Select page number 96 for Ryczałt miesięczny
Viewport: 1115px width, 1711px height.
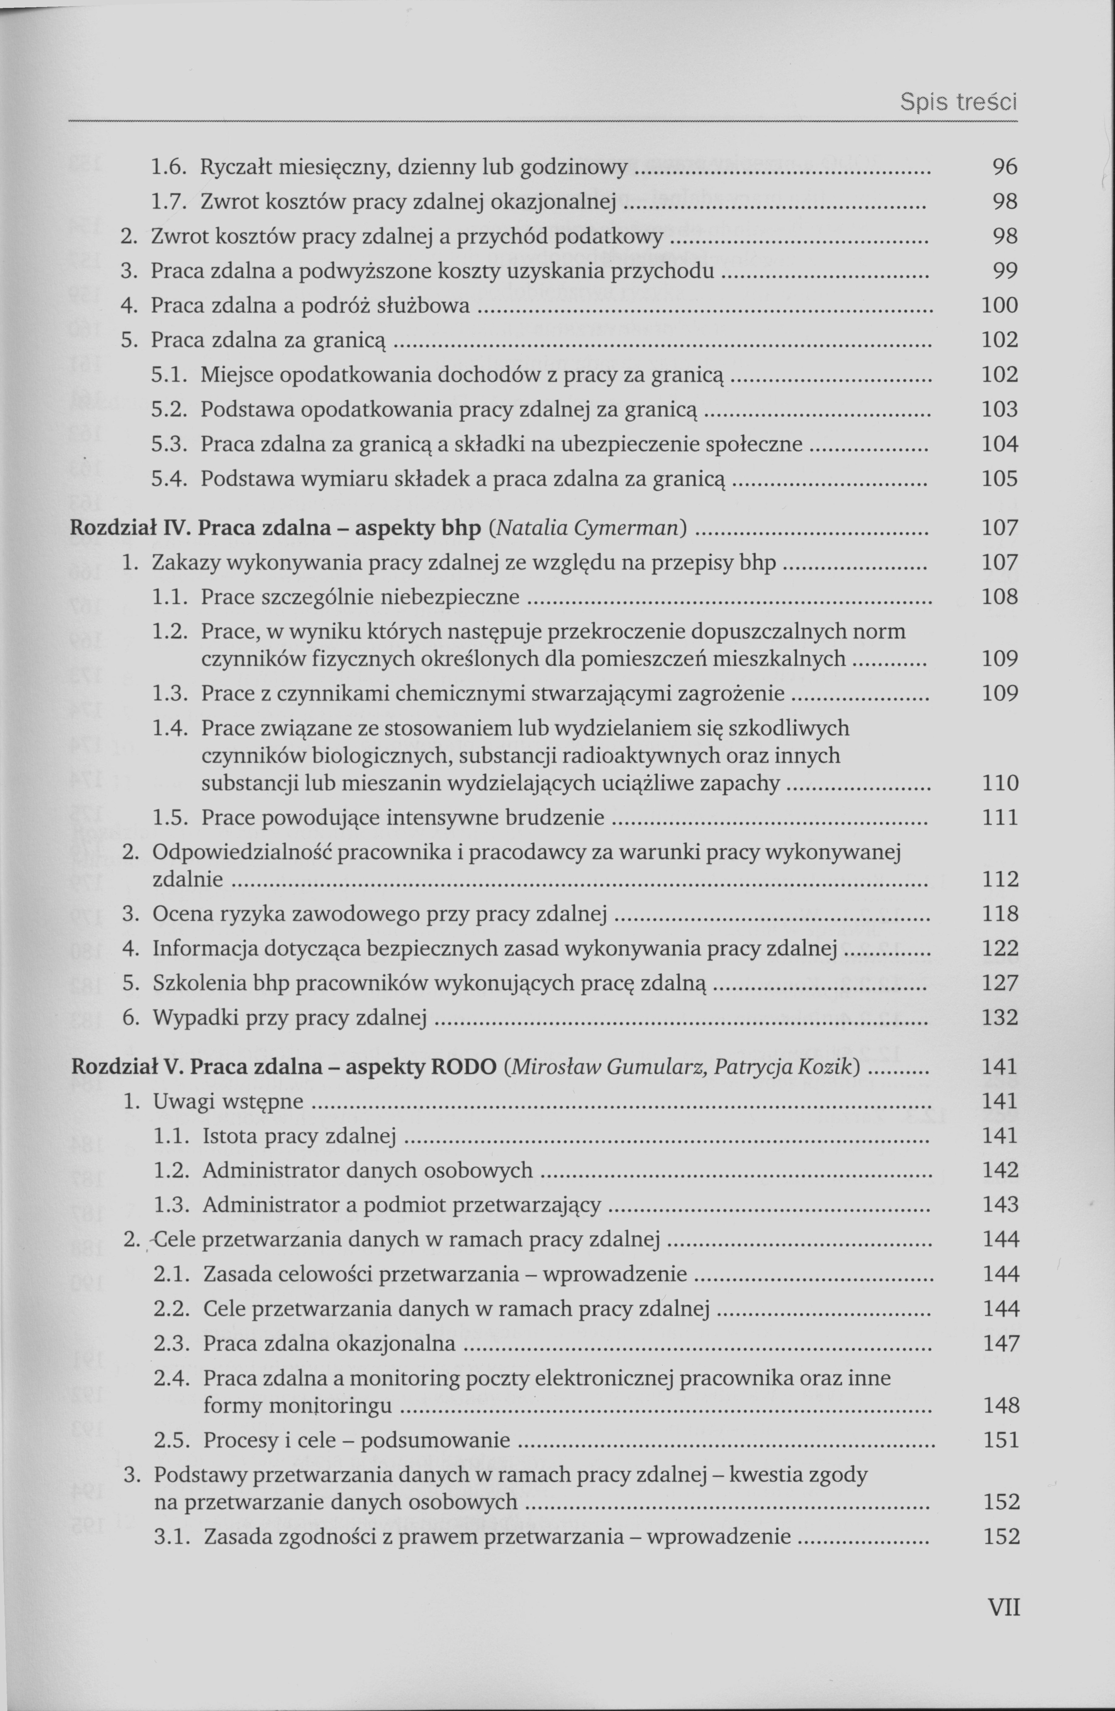coord(1004,168)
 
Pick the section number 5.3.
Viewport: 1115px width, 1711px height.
coord(170,444)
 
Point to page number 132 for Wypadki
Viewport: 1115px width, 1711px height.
coord(1000,1017)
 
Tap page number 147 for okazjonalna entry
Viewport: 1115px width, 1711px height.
coord(1001,1343)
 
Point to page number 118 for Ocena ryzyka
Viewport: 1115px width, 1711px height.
coord(1000,914)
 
